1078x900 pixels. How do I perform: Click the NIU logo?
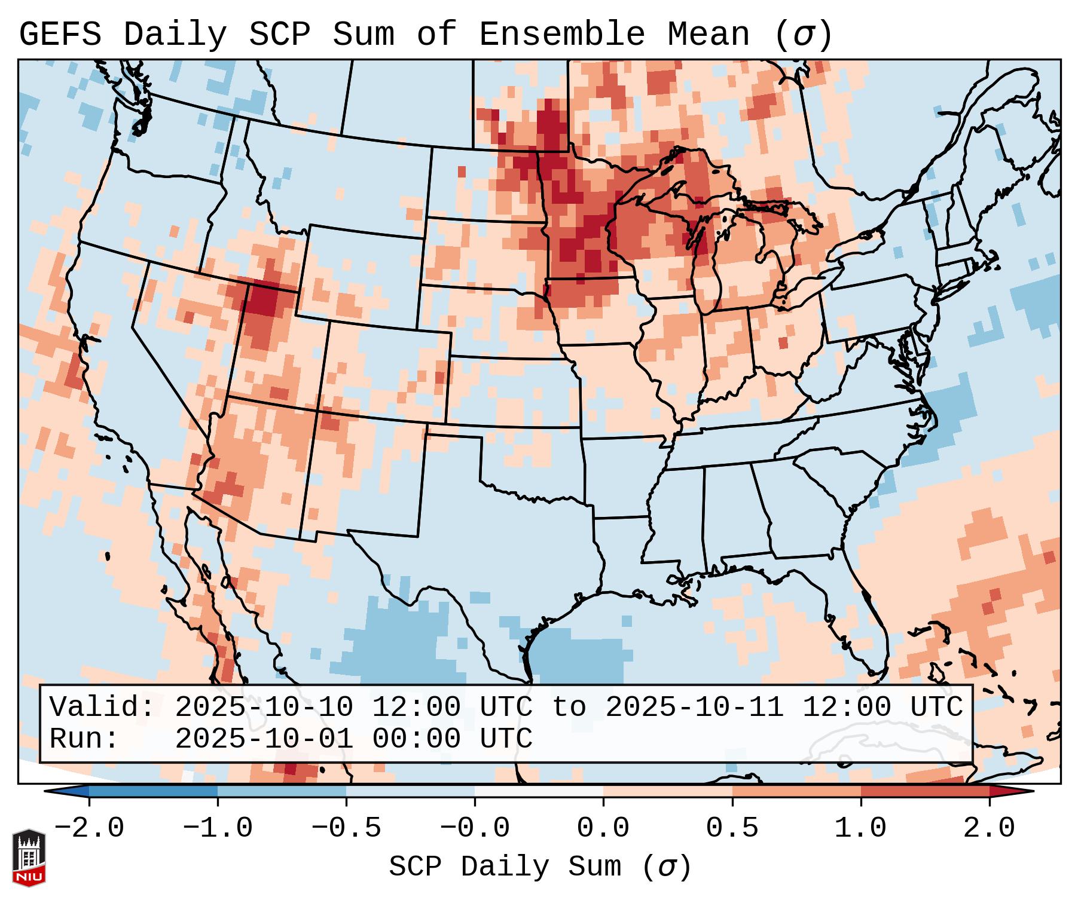tap(29, 857)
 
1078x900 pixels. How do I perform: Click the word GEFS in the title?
tap(60, 35)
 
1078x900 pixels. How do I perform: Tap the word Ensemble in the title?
tap(562, 35)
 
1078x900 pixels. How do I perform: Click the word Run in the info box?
tap(75, 739)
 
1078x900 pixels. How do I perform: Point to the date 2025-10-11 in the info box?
tap(694, 707)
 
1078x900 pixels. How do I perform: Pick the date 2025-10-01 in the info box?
tap(264, 739)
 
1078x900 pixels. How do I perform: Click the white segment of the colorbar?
tap(539, 791)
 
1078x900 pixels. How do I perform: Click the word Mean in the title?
tap(709, 35)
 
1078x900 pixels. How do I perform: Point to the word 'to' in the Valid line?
tap(569, 707)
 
